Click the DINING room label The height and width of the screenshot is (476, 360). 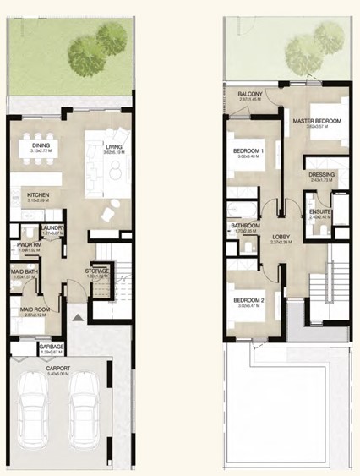point(41,145)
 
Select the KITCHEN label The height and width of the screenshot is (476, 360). point(37,194)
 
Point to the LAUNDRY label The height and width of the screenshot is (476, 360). point(53,228)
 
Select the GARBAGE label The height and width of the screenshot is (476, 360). point(52,346)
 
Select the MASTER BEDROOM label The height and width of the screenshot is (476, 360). point(317,121)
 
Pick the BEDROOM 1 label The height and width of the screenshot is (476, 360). point(249,151)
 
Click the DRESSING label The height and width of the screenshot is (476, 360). point(323,175)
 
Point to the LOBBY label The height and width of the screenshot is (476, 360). point(281,237)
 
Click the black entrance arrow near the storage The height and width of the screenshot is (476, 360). point(79,317)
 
